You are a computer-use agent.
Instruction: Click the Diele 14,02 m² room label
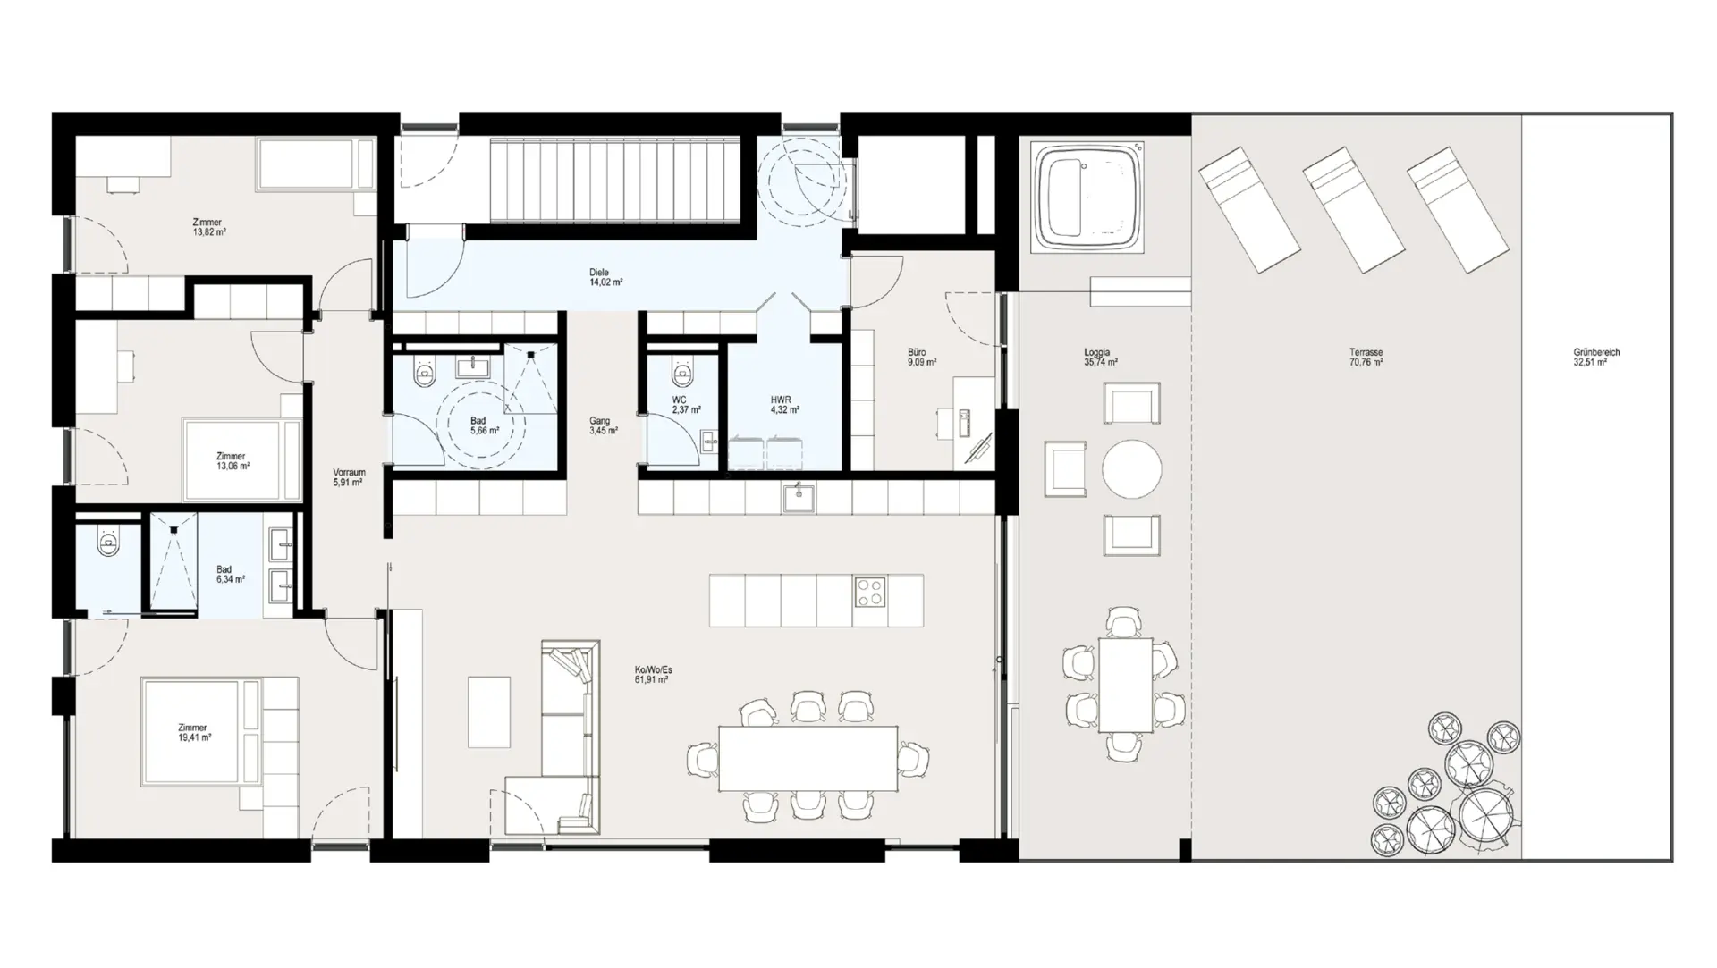[x=605, y=277]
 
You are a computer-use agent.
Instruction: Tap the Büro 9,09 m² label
[x=921, y=358]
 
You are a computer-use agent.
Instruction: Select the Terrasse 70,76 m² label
[x=1366, y=358]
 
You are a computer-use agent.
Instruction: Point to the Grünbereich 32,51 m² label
[x=1596, y=358]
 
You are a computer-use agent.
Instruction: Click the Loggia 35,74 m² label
[x=1100, y=358]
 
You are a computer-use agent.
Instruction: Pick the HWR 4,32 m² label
[x=784, y=405]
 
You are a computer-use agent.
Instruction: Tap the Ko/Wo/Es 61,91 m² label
[x=653, y=674]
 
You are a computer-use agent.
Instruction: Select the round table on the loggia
[x=1131, y=468]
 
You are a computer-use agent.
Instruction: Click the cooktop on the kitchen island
[x=870, y=592]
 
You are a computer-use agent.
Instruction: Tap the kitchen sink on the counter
[x=799, y=498]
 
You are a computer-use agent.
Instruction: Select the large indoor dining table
[x=808, y=758]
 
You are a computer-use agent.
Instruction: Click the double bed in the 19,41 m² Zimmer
[x=201, y=733]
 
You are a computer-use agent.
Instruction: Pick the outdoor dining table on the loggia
[x=1125, y=684]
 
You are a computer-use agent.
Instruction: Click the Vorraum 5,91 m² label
[x=349, y=477]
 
